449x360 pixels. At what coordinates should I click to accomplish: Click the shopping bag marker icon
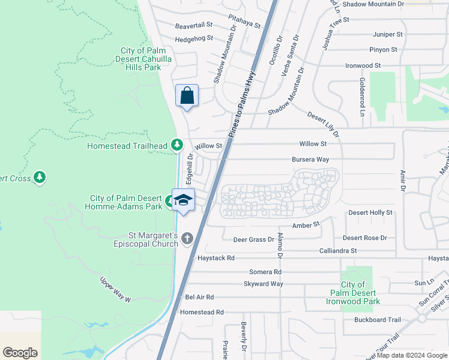coord(187,95)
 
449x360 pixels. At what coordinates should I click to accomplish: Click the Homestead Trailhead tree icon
coord(176,145)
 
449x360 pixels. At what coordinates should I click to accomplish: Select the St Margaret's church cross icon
coord(187,239)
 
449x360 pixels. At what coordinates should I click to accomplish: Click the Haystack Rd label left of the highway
coord(215,257)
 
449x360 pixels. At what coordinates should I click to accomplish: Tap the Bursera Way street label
coord(310,160)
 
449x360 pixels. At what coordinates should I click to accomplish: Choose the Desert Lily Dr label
coord(323,123)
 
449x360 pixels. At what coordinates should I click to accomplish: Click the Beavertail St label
coord(194,25)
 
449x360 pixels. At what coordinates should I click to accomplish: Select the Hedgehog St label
coord(194,38)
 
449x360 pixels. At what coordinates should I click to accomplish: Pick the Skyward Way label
coord(263,284)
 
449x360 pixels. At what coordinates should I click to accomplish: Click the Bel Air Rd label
coord(199,297)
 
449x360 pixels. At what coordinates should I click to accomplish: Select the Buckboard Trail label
coord(377,320)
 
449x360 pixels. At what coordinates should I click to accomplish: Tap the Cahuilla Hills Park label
coord(140,59)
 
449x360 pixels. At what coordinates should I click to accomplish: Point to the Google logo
coord(20,353)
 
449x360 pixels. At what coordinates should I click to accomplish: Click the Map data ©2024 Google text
coord(411,355)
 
